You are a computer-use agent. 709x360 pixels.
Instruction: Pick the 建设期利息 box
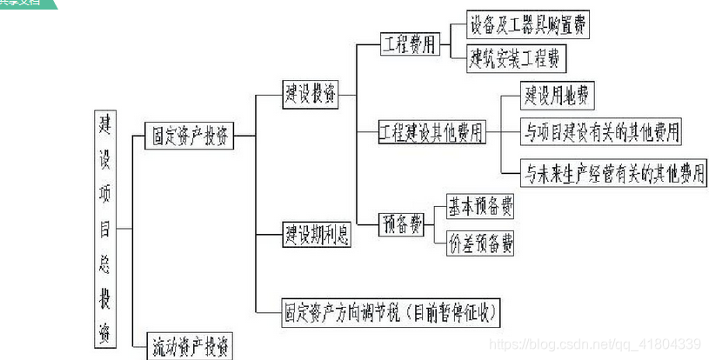[318, 234]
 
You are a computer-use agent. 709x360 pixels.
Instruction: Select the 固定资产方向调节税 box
[391, 310]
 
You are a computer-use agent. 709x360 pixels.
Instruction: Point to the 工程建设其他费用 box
[432, 133]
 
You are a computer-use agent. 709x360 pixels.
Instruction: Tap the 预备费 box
[402, 225]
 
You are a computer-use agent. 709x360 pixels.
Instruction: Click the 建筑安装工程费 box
[517, 60]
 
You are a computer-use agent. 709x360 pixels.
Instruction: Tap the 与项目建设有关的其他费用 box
[601, 132]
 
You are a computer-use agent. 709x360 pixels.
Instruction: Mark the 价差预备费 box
[480, 243]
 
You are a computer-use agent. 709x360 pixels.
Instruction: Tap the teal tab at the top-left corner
[26, 3]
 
